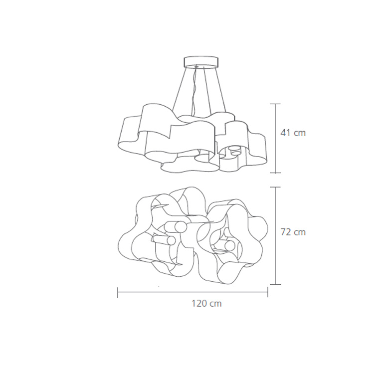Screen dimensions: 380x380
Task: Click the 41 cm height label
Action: point(293,133)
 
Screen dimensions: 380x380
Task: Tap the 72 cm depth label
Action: point(293,232)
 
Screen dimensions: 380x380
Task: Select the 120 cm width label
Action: point(207,303)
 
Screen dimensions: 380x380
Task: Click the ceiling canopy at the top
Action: point(201,62)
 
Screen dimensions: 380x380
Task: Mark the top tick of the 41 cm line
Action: point(276,104)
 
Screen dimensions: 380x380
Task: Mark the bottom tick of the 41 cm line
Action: point(276,173)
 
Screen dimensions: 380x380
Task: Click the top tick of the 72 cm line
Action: point(276,187)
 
